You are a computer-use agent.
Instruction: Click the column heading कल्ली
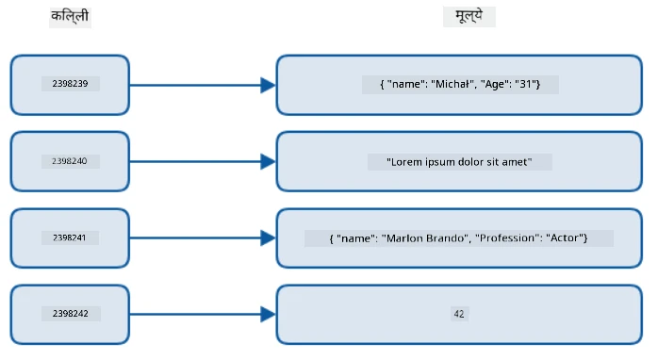tap(70, 16)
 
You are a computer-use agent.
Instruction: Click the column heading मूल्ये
tap(469, 16)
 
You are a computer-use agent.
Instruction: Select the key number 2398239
tap(70, 84)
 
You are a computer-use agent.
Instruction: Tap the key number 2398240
tap(70, 161)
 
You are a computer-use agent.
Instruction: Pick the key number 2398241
tap(70, 237)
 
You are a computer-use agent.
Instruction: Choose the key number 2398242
tap(71, 314)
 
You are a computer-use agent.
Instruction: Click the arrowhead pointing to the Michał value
tap(268, 85)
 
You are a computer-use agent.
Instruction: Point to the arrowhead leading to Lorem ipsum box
tap(268, 161)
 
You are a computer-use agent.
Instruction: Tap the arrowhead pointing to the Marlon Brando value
tap(268, 237)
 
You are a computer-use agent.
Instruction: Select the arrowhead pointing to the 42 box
tap(268, 314)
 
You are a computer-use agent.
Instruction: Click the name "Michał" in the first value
tap(452, 84)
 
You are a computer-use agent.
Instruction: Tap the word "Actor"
tap(565, 238)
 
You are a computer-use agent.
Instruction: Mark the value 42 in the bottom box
tap(459, 314)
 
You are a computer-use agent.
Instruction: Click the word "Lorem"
tap(404, 162)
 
